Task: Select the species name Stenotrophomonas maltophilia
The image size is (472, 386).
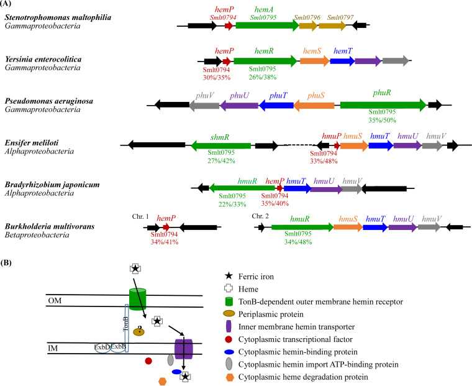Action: [x=60, y=17]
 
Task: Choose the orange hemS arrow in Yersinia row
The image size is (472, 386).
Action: [x=315, y=61]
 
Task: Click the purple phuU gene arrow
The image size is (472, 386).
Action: [x=238, y=106]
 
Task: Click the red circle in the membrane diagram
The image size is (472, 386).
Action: [x=148, y=361]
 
